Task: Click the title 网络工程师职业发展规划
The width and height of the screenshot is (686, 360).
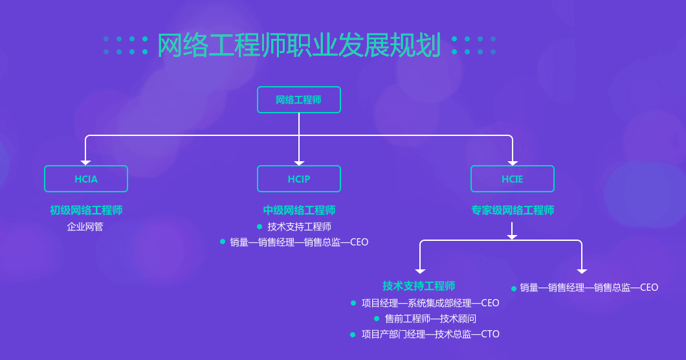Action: point(299,45)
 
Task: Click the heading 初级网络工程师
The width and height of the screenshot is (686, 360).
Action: point(85,210)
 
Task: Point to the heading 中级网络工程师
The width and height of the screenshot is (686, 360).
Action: point(299,210)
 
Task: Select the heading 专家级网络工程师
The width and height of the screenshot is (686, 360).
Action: point(513,210)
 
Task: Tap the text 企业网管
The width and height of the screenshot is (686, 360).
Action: point(85,227)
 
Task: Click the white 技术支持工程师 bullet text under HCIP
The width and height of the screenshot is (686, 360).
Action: point(299,227)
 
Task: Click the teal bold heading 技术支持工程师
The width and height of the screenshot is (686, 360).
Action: point(419,286)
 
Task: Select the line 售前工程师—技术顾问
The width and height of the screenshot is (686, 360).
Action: point(430,319)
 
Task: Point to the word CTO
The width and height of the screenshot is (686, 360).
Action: point(490,334)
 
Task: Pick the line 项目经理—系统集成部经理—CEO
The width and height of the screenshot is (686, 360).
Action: point(430,303)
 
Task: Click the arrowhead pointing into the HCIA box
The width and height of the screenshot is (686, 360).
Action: point(85,163)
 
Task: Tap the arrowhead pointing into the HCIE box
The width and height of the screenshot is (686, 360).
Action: point(513,163)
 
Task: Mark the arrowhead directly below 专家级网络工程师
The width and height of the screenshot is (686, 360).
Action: point(512,237)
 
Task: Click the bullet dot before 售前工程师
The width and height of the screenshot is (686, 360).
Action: point(376,319)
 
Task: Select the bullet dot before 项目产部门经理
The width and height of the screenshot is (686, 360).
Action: point(353,335)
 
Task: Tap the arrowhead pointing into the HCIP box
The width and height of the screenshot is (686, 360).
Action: point(299,163)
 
